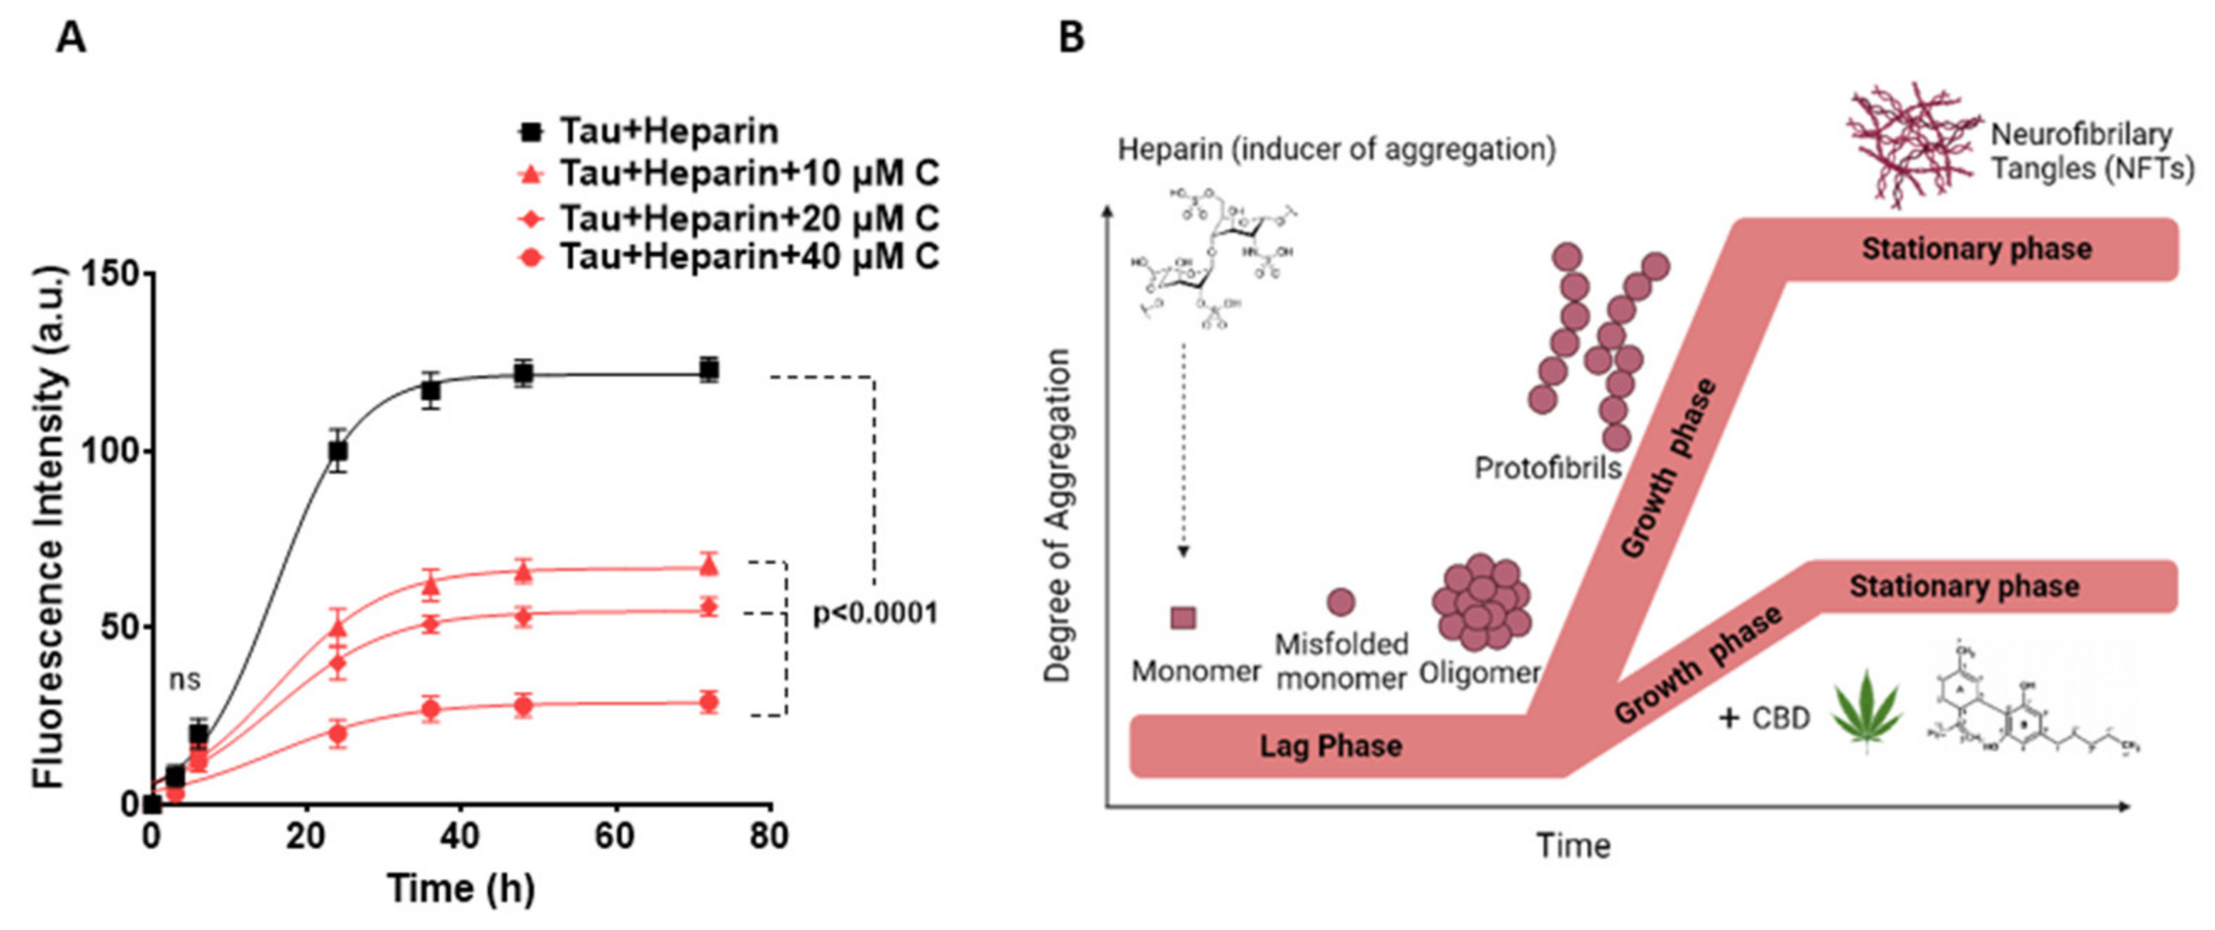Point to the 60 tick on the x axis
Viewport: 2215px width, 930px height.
[615, 835]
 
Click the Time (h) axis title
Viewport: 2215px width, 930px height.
[461, 888]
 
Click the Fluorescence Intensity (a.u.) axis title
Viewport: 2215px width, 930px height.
[50, 528]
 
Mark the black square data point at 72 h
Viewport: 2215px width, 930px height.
[708, 370]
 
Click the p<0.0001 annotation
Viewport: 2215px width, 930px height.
[875, 614]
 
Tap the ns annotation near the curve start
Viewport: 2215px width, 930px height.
[184, 679]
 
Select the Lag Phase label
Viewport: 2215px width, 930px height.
[1330, 745]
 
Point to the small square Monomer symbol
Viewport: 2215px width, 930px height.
[1183, 617]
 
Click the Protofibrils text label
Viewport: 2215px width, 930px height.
[1547, 468]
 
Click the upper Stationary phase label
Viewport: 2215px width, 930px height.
[1976, 248]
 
